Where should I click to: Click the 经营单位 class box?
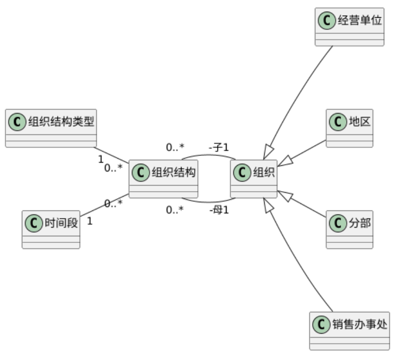(349, 27)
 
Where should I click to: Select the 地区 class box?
(349, 128)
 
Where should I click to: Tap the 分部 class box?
(349, 229)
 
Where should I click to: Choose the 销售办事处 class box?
(349, 331)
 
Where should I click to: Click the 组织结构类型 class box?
(50, 128)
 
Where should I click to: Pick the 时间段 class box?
(51, 229)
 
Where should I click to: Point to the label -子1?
(219, 148)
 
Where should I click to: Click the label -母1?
(219, 209)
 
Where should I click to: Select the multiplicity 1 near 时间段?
(89, 221)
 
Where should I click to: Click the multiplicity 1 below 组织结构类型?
(100, 159)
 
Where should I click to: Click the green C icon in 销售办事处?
(321, 324)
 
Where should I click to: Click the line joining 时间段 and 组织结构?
(104, 206)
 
